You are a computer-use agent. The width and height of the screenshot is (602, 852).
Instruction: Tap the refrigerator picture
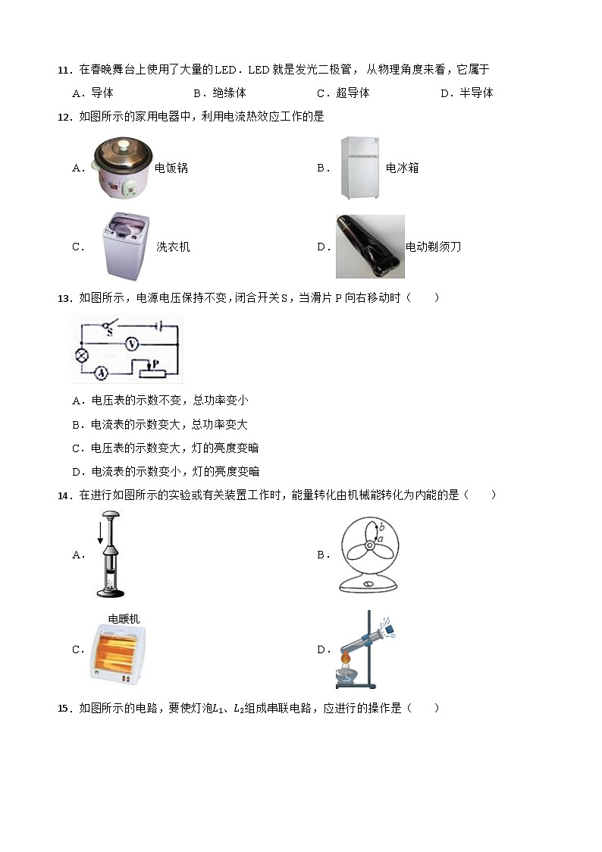[x=359, y=168]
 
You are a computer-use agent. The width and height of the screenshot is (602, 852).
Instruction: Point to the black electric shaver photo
[x=370, y=247]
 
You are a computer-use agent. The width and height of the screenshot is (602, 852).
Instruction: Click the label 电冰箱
[x=402, y=168]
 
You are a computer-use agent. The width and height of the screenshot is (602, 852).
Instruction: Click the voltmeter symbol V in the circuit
[x=132, y=344]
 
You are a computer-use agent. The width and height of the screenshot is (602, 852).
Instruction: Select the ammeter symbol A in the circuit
[x=100, y=372]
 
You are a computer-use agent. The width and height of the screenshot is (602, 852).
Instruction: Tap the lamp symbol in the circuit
[x=79, y=357]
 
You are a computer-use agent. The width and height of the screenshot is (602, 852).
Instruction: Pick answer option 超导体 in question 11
[x=353, y=93]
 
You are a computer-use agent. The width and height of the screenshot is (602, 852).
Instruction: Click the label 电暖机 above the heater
[x=124, y=619]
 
